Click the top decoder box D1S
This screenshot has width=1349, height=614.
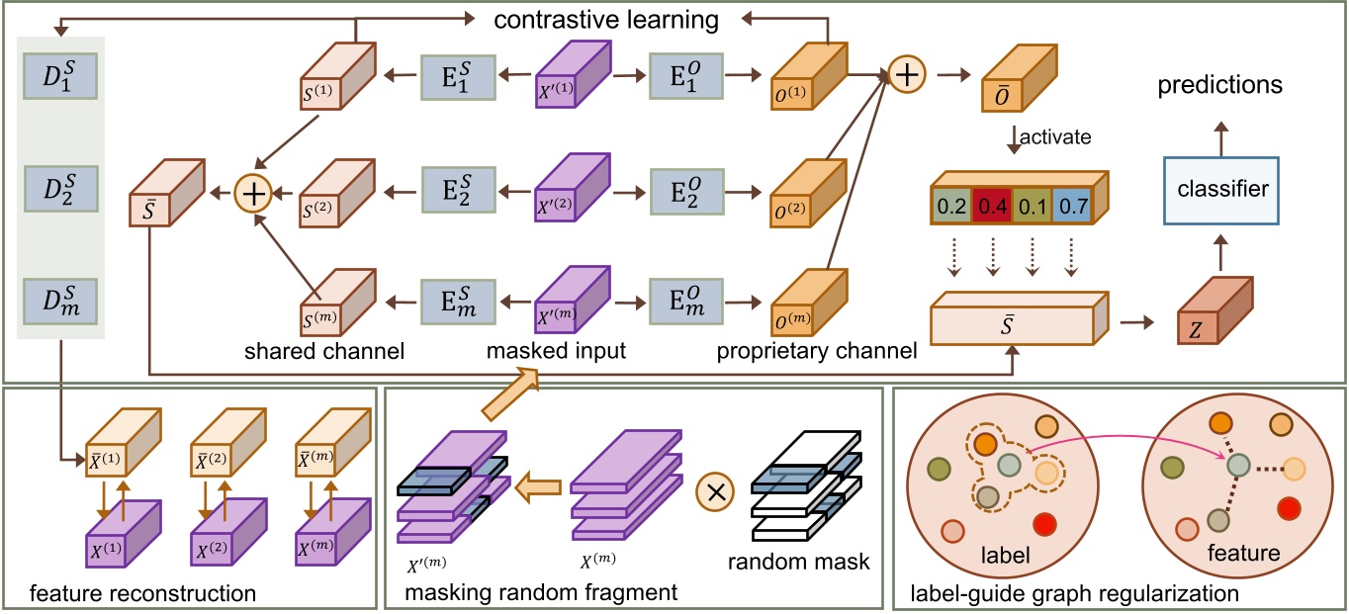tap(62, 73)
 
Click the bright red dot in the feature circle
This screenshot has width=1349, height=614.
tap(1287, 508)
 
